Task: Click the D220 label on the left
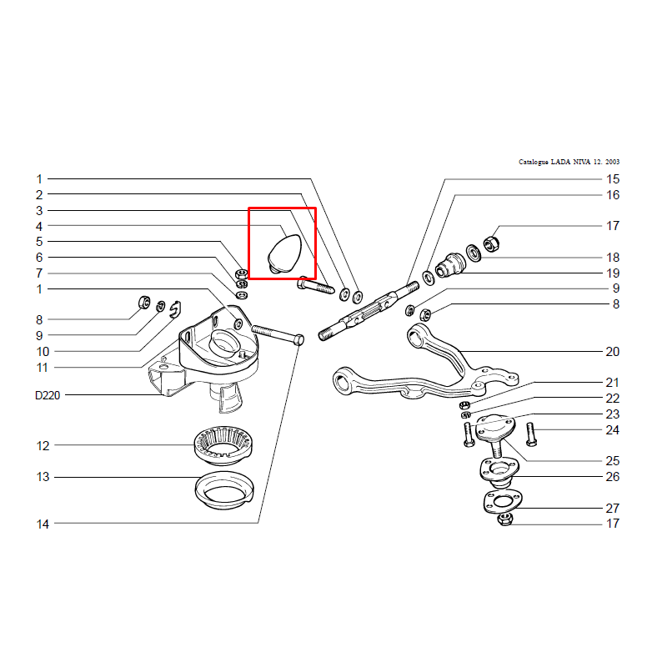pos(48,395)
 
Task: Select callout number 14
pos(43,524)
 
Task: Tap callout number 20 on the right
pos(613,352)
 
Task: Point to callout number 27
pos(613,509)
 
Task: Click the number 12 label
pos(43,446)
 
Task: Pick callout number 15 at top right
pos(613,179)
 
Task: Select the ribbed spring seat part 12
pos(223,445)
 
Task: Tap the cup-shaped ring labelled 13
pos(224,489)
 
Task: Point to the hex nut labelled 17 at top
pos(491,243)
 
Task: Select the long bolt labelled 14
pos(278,335)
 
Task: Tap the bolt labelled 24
pos(531,434)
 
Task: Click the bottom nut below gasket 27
pos(506,519)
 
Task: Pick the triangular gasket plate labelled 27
pos(503,502)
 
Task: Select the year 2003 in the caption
pos(613,162)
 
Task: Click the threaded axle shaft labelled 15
pos(369,311)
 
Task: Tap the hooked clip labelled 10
pos(175,309)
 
